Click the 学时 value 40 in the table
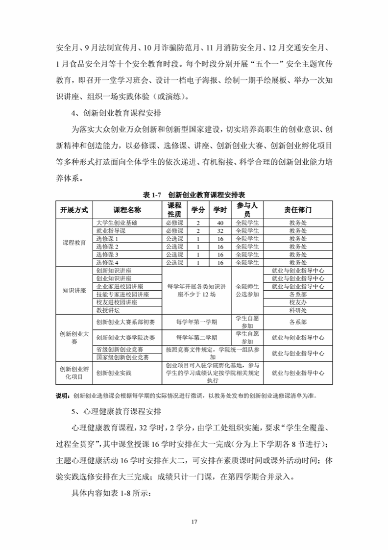click(220, 223)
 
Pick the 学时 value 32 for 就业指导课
click(220, 230)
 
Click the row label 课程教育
click(74, 243)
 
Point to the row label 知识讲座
click(74, 290)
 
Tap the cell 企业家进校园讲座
click(120, 286)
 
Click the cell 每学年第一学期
click(196, 322)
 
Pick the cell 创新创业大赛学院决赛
click(125, 337)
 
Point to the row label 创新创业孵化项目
click(74, 373)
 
